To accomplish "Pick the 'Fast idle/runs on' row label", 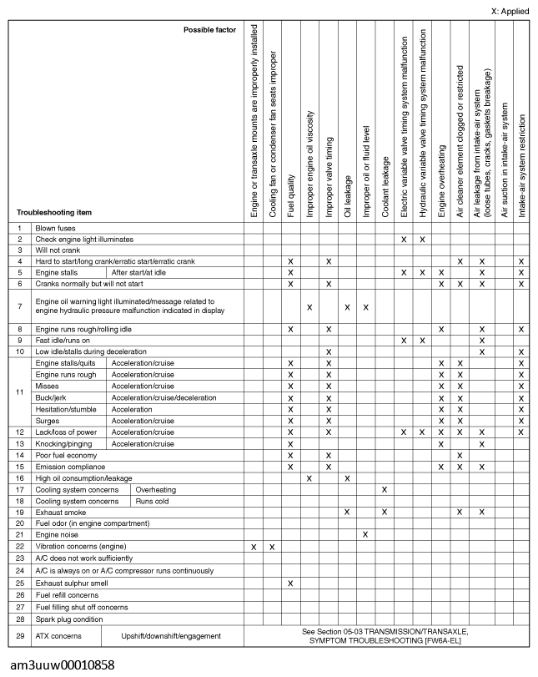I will click(x=64, y=341).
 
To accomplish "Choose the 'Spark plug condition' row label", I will click(x=69, y=619).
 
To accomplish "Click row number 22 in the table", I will click(x=19, y=546).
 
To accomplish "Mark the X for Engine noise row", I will click(x=366, y=533).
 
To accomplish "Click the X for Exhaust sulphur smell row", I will click(x=290, y=582).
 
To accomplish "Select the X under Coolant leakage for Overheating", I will click(x=385, y=489).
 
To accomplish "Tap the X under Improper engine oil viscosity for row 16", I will click(x=309, y=478).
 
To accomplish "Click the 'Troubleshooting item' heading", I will click(x=54, y=212).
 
